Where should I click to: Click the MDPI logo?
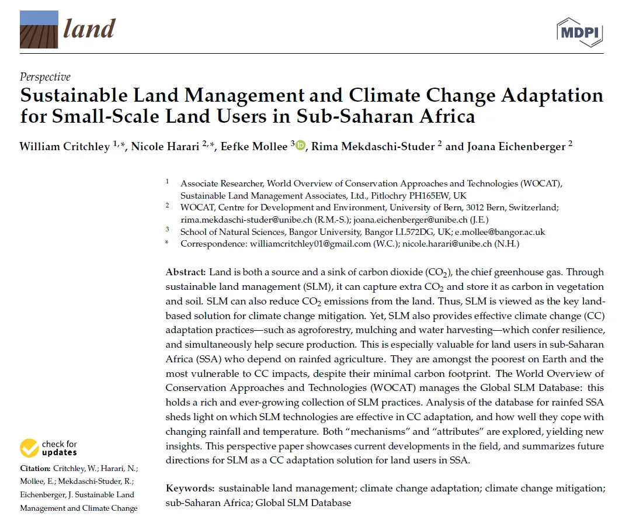pos(579,32)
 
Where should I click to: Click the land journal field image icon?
pos(39,29)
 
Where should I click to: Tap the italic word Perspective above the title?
pos(45,77)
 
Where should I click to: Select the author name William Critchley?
pos(65,146)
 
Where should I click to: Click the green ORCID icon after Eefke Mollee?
pos(300,146)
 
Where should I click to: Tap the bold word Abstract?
pos(186,272)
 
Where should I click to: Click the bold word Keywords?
pos(190,489)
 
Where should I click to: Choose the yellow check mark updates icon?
pos(29,448)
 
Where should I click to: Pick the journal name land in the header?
pos(90,29)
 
